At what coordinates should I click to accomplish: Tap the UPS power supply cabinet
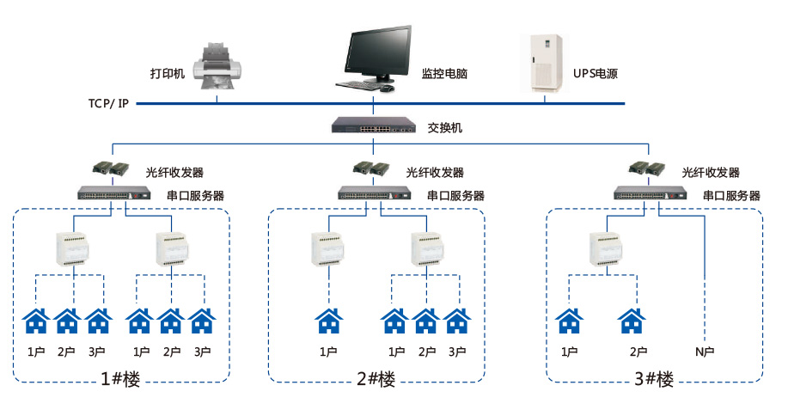[545, 62]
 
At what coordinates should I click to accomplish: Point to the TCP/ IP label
[108, 103]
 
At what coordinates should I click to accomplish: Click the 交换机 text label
[445, 128]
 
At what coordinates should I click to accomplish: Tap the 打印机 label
[168, 74]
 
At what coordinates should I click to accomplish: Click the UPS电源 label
[596, 74]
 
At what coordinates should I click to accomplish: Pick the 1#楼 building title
[120, 379]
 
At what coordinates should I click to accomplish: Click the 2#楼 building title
[376, 379]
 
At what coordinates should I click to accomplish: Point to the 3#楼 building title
[654, 379]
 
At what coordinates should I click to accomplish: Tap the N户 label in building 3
[705, 352]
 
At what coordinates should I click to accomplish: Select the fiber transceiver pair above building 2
[372, 168]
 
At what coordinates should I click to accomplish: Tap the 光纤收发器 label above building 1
[174, 173]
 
